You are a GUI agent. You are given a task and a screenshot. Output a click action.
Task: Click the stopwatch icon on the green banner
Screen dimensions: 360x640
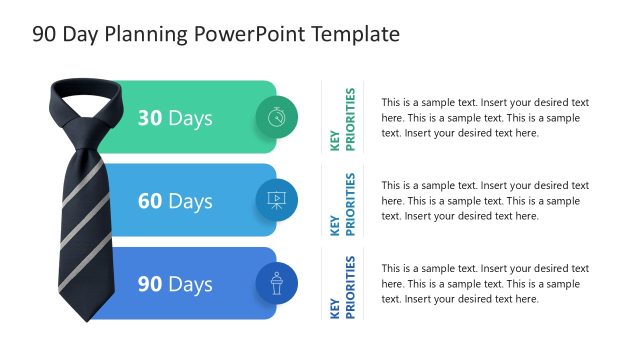click(276, 118)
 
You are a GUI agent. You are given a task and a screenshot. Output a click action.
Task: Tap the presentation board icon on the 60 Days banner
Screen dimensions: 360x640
click(276, 201)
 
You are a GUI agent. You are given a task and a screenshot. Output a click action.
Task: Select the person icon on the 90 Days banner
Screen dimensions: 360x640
click(276, 283)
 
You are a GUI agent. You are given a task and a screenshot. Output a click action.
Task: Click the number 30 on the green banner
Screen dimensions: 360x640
click(150, 118)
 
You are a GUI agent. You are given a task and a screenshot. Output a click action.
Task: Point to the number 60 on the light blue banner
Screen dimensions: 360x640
click(150, 201)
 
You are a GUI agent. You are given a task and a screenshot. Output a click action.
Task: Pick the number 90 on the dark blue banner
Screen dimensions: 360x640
click(150, 284)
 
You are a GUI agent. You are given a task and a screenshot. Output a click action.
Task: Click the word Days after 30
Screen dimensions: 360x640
click(190, 118)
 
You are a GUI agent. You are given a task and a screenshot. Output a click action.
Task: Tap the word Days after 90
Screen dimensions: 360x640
click(190, 284)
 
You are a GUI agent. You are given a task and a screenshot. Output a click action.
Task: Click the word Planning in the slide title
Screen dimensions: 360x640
click(143, 34)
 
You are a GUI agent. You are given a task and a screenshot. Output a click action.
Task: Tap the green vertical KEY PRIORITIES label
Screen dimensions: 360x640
click(342, 119)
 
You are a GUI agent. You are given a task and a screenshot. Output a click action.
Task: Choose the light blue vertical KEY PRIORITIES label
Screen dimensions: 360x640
click(342, 203)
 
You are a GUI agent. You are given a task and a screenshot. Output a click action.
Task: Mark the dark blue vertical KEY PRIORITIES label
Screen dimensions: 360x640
click(342, 287)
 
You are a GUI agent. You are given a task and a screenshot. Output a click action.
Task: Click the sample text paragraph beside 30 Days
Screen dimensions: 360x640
click(484, 117)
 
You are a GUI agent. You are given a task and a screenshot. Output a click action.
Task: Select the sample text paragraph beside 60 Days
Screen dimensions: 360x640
click(484, 200)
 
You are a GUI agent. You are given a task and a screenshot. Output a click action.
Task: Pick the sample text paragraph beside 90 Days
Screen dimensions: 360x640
click(484, 283)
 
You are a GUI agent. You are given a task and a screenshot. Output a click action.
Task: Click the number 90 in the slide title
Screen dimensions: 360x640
click(43, 34)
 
